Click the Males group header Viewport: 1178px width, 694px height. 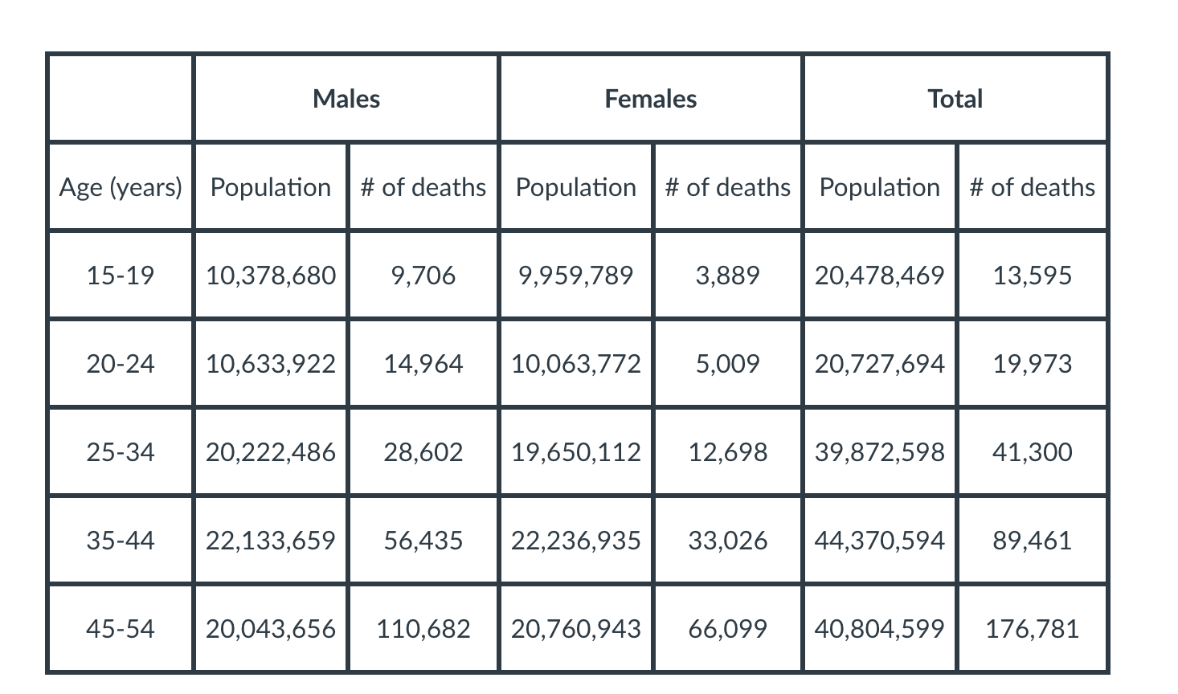[346, 99]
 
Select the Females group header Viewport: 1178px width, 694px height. [650, 99]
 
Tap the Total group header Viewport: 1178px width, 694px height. [955, 99]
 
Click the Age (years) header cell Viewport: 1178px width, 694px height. [121, 187]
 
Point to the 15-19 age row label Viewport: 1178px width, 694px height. [121, 276]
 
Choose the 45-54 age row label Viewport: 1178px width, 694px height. [121, 628]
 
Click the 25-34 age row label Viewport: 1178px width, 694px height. [121, 452]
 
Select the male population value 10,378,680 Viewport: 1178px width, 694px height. [271, 276]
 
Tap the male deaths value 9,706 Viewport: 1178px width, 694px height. [423, 276]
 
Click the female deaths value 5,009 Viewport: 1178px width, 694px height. [727, 364]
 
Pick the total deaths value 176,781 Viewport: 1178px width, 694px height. [1032, 628]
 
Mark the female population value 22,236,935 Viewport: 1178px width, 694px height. [575, 540]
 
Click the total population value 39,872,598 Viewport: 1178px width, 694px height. [879, 452]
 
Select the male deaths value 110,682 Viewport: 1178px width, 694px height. [423, 628]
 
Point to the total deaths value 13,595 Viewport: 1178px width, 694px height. [1032, 276]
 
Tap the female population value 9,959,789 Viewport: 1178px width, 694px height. [575, 276]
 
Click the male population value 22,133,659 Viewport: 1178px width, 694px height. [271, 540]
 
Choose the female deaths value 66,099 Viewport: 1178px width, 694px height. [727, 628]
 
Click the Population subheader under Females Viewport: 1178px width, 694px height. [575, 187]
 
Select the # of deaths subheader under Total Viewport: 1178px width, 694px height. [1032, 187]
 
